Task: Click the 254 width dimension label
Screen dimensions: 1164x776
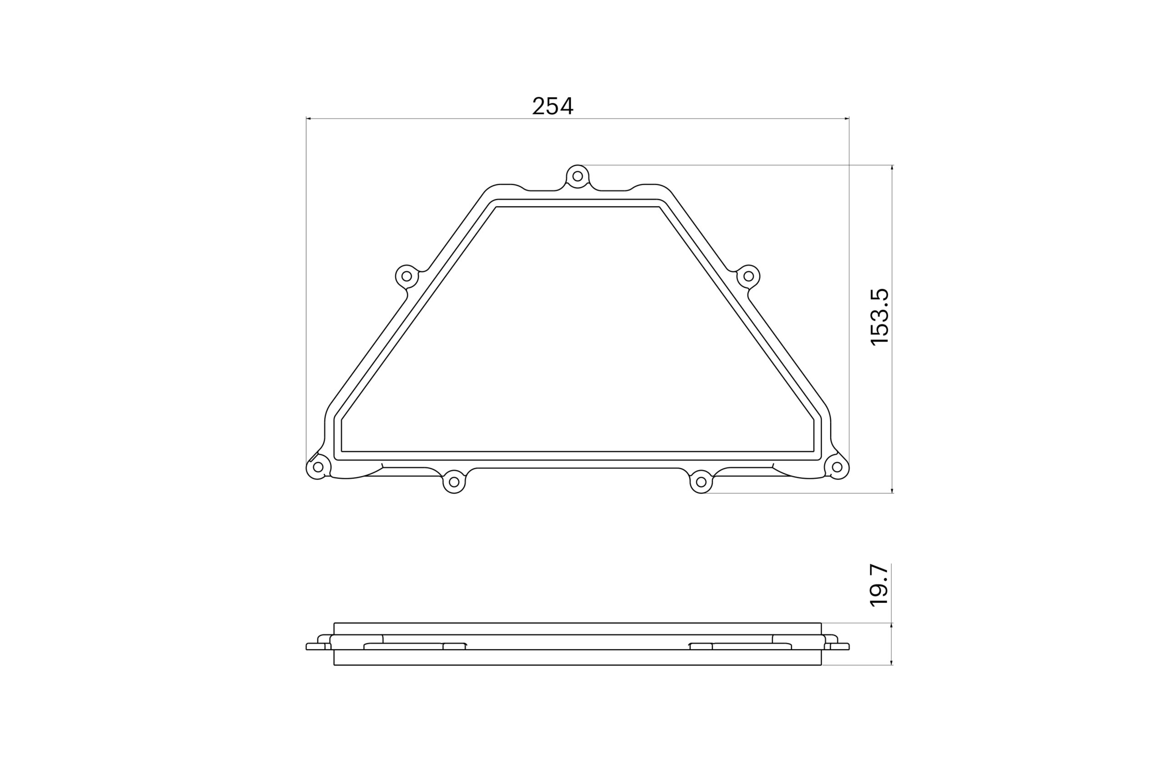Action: point(552,106)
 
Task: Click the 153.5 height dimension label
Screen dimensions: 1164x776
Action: point(879,317)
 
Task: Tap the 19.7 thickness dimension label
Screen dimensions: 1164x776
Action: point(879,585)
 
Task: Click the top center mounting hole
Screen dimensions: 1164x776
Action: point(577,176)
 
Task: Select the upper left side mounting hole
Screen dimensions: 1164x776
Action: point(406,276)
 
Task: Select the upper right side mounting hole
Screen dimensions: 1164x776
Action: point(749,276)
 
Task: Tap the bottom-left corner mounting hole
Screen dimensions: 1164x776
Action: point(318,467)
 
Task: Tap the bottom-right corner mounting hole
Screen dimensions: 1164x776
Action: point(837,467)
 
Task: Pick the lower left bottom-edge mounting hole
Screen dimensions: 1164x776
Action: point(454,482)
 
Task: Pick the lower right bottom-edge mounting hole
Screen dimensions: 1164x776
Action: point(701,482)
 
